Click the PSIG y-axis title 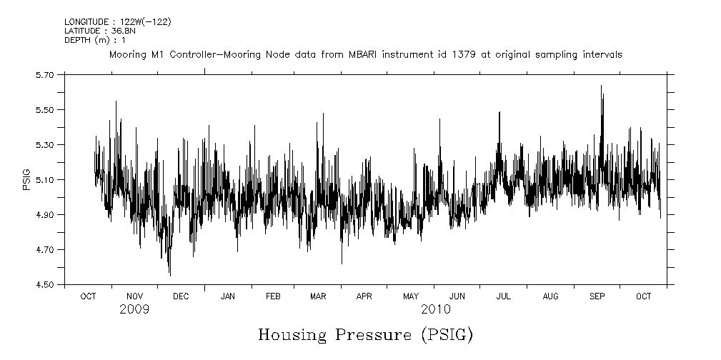coord(26,179)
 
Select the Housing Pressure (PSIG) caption coord(365,334)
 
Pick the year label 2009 coord(134,309)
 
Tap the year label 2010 coord(435,309)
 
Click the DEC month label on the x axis coord(181,296)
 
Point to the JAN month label coord(228,296)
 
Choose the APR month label coord(364,296)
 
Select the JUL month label coord(504,296)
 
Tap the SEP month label coord(597,296)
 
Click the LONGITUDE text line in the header coord(117,22)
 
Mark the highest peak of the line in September coord(601,86)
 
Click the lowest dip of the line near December coord(170,275)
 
